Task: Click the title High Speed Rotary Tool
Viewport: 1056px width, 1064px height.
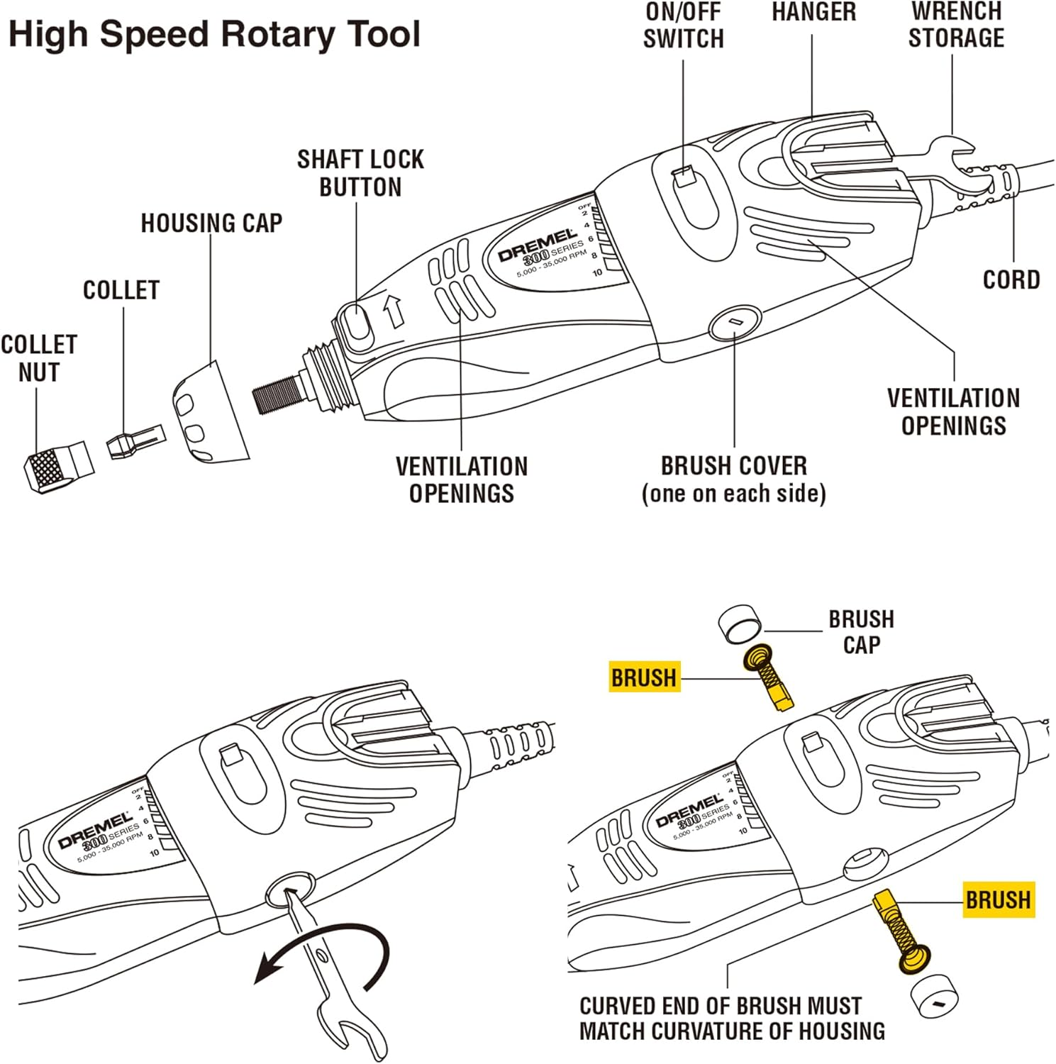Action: tap(214, 34)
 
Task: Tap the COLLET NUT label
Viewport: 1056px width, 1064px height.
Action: tap(38, 358)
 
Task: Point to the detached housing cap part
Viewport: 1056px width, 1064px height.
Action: tap(209, 415)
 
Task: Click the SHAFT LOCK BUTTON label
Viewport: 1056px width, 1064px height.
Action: tap(360, 173)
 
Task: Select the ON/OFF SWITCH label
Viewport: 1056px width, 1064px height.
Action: tap(683, 25)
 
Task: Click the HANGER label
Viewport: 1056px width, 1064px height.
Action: tap(813, 12)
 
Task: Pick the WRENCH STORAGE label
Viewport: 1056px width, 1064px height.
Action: tap(956, 25)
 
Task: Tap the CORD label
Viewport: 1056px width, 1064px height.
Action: tap(1011, 280)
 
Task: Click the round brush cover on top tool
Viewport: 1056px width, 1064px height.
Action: tap(735, 323)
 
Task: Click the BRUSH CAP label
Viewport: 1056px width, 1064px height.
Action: tap(861, 632)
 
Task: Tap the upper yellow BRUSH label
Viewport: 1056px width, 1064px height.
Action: tap(644, 678)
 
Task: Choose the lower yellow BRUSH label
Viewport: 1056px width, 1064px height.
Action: tap(998, 900)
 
